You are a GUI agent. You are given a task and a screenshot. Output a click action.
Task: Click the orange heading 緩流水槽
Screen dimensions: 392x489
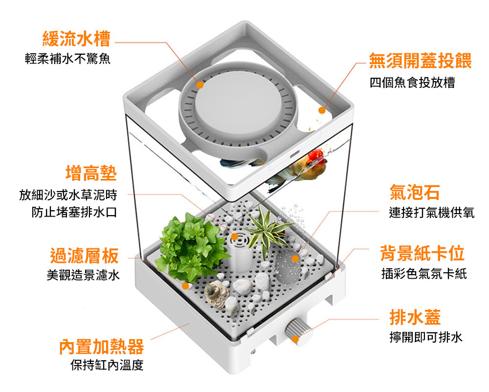[x=76, y=38]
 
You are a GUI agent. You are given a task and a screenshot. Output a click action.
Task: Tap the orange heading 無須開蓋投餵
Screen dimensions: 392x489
[x=420, y=61]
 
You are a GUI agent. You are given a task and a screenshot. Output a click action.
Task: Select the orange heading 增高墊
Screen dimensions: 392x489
[x=91, y=173]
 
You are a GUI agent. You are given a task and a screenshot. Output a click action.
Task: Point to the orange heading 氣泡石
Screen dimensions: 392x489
[x=414, y=192]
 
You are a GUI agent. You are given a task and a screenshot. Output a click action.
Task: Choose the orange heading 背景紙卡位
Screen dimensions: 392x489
[x=422, y=253]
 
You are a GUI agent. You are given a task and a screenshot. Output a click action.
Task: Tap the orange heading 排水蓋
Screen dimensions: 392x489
[x=415, y=317]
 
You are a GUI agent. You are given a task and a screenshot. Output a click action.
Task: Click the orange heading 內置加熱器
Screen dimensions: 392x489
[x=102, y=347]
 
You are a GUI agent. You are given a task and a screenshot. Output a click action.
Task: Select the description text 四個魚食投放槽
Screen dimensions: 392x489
[x=412, y=83]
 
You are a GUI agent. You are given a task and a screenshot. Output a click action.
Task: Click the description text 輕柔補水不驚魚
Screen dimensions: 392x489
[x=68, y=60]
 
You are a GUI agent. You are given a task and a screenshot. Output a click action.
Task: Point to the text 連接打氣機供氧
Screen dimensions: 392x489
[x=431, y=213]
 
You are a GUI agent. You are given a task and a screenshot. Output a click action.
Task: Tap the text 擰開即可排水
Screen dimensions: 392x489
[x=425, y=337]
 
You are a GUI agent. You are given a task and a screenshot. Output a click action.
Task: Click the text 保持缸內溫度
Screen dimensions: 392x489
[x=107, y=365]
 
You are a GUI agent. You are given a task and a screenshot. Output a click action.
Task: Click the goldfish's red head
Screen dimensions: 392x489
[x=315, y=156]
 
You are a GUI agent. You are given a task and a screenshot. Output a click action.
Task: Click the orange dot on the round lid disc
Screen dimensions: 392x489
[x=200, y=85]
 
